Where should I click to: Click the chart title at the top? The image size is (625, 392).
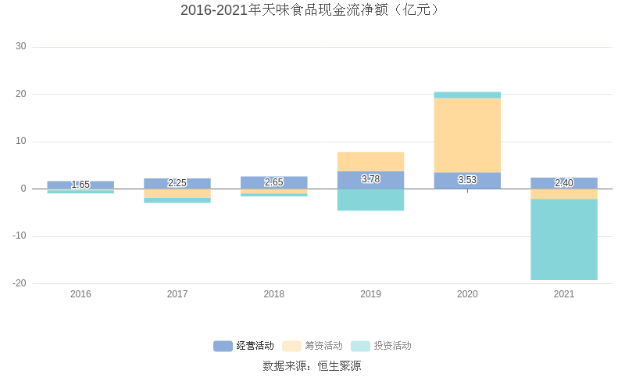312,10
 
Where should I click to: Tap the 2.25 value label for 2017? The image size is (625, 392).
177,183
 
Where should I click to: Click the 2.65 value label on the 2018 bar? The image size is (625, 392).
274,182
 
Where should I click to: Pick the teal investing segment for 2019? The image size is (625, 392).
370,200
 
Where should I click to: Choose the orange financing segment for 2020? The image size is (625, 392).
467,135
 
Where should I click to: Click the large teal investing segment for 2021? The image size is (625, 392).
564,239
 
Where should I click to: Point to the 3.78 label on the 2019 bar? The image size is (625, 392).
370,179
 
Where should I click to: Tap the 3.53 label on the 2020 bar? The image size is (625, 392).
467,180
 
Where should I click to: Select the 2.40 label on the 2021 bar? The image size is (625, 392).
564,183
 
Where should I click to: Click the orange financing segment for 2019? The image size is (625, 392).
370,161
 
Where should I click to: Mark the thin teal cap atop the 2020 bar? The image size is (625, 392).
467,95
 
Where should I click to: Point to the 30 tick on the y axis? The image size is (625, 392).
21,47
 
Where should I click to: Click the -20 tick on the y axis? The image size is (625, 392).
20,283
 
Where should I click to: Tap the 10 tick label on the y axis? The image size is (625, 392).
21,142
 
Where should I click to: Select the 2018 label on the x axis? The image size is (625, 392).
274,294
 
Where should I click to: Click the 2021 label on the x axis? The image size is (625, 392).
564,294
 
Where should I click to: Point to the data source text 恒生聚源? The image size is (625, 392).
339,365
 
